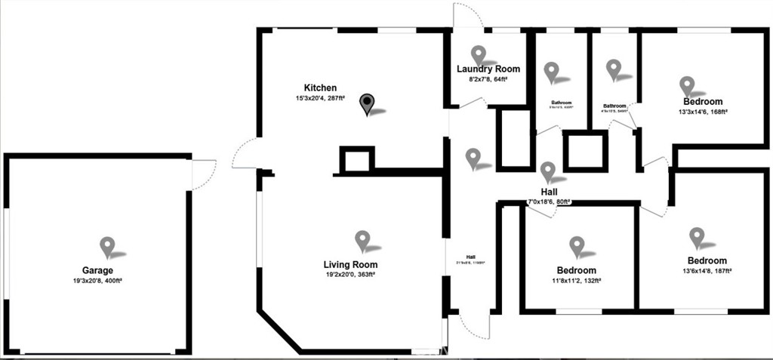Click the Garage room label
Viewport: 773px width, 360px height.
[x=97, y=270]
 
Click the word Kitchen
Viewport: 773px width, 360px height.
[x=320, y=88]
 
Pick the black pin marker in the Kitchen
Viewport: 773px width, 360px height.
[x=367, y=103]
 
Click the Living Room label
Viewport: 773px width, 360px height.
[x=350, y=265]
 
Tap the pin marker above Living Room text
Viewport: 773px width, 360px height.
[x=362, y=240]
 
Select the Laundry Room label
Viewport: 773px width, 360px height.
[x=488, y=69]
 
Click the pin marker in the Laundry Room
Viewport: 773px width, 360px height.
[x=479, y=54]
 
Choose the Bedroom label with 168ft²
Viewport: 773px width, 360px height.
[x=702, y=102]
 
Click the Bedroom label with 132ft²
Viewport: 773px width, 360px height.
[x=576, y=270]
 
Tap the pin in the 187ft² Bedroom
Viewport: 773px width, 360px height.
[x=697, y=237]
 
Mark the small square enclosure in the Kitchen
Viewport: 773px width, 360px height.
[x=356, y=160]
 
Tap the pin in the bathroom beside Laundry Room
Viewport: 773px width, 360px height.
[x=552, y=72]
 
